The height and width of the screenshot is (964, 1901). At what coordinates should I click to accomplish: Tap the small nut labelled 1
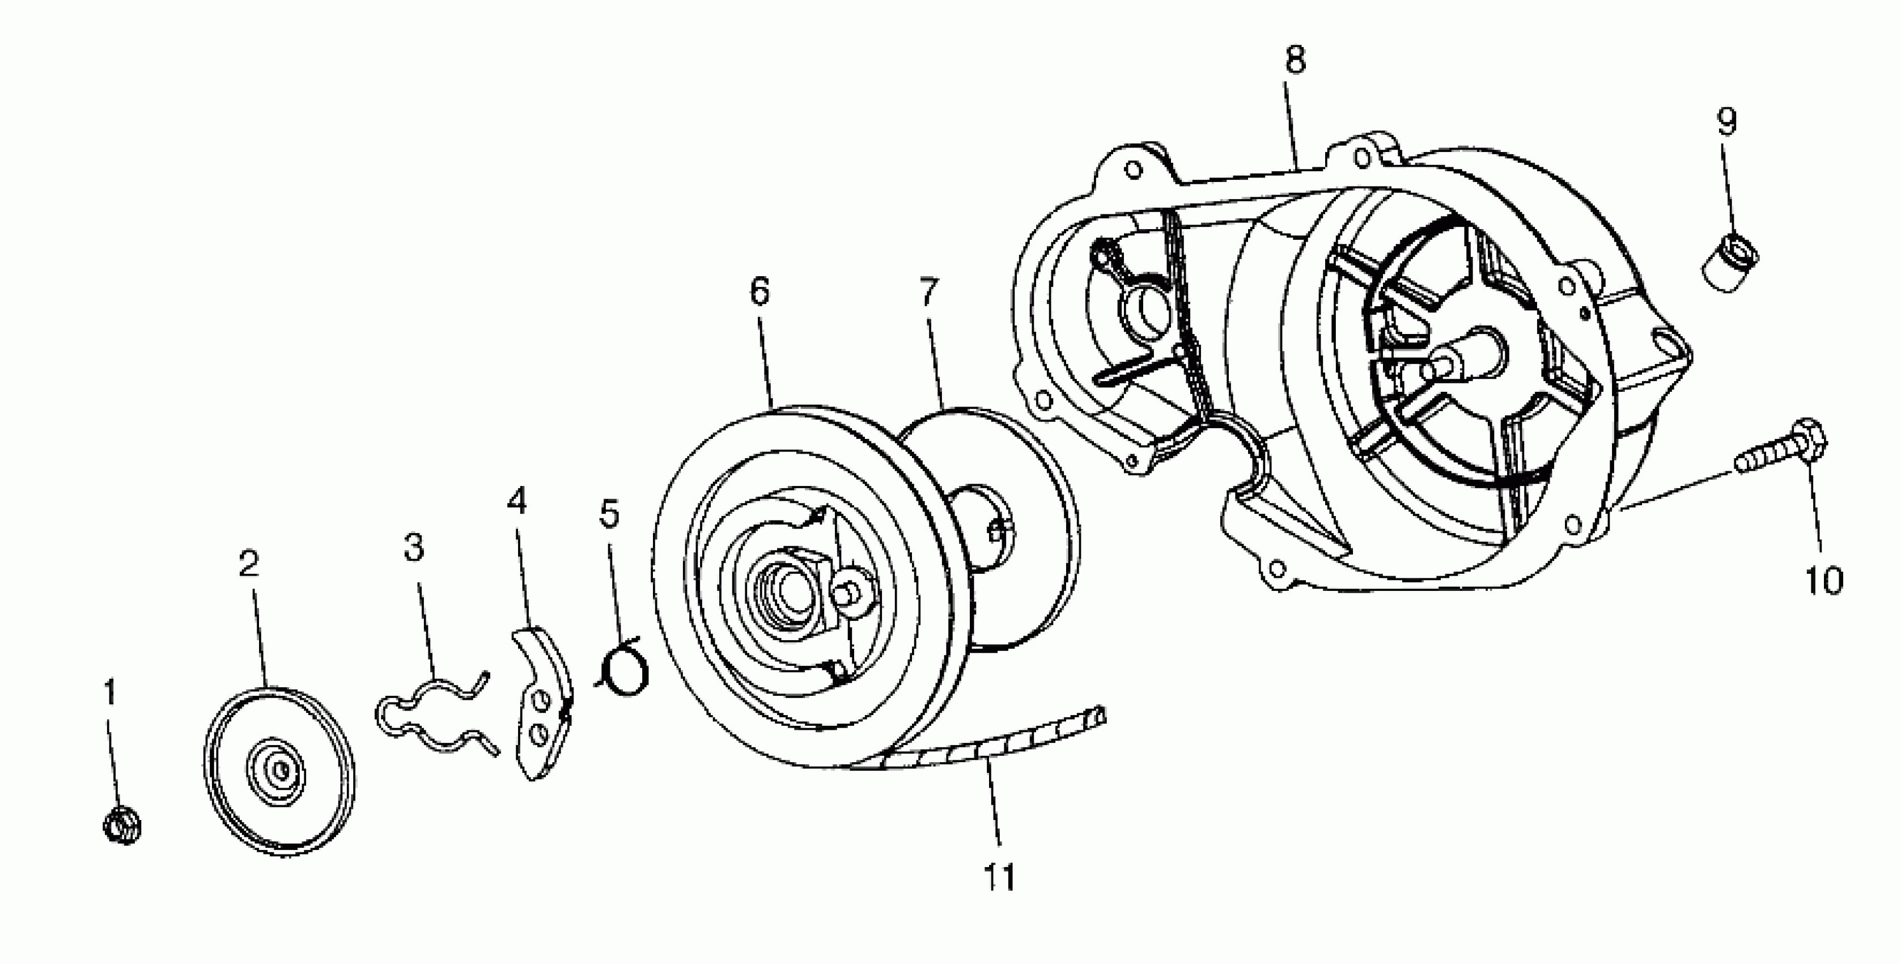pyautogui.click(x=122, y=825)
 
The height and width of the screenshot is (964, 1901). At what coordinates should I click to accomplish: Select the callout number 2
pyautogui.click(x=249, y=565)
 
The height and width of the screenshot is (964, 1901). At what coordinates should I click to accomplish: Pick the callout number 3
pyautogui.click(x=414, y=548)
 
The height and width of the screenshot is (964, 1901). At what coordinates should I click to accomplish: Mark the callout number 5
pyautogui.click(x=609, y=514)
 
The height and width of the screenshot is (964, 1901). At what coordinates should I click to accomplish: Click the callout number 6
pyautogui.click(x=759, y=291)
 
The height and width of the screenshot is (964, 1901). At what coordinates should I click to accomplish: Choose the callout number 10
pyautogui.click(x=1824, y=580)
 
